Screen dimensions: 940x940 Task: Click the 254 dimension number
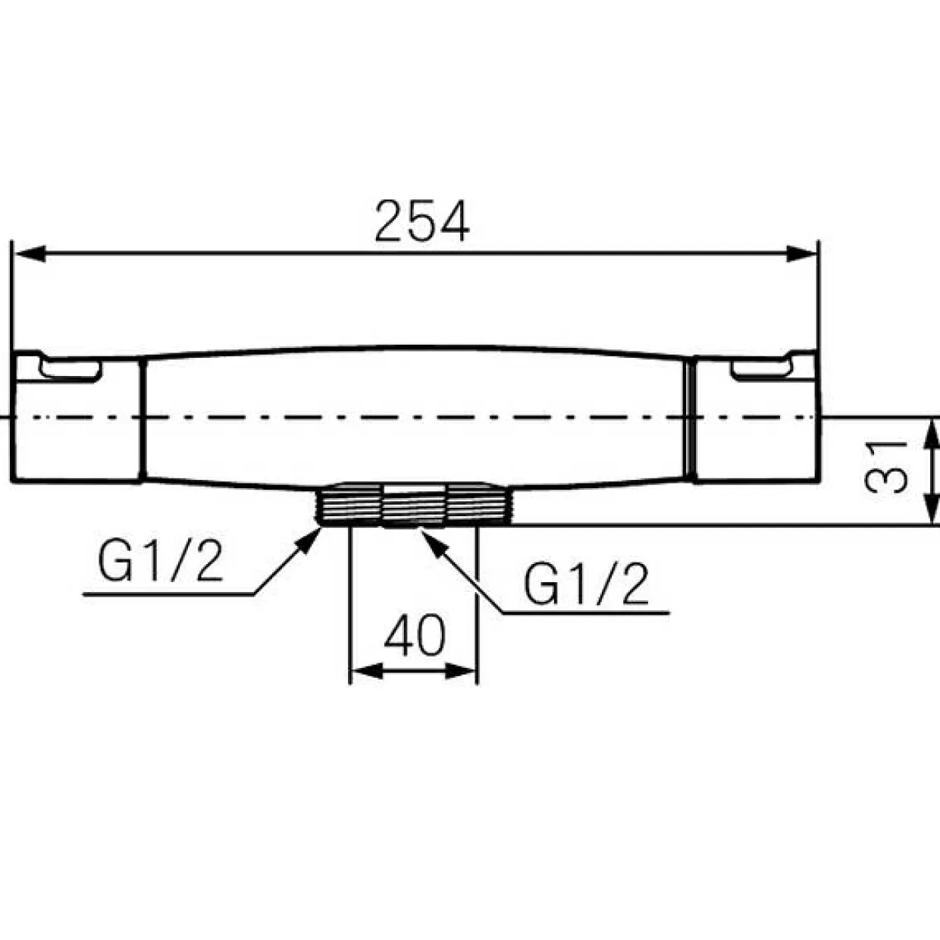pos(422,221)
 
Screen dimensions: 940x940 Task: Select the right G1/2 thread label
pos(586,583)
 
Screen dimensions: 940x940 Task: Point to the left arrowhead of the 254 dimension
pos(30,254)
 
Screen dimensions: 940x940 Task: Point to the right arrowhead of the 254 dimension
pos(801,254)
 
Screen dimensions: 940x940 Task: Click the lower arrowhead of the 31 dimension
pos(932,509)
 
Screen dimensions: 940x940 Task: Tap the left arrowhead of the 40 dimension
pos(367,672)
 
